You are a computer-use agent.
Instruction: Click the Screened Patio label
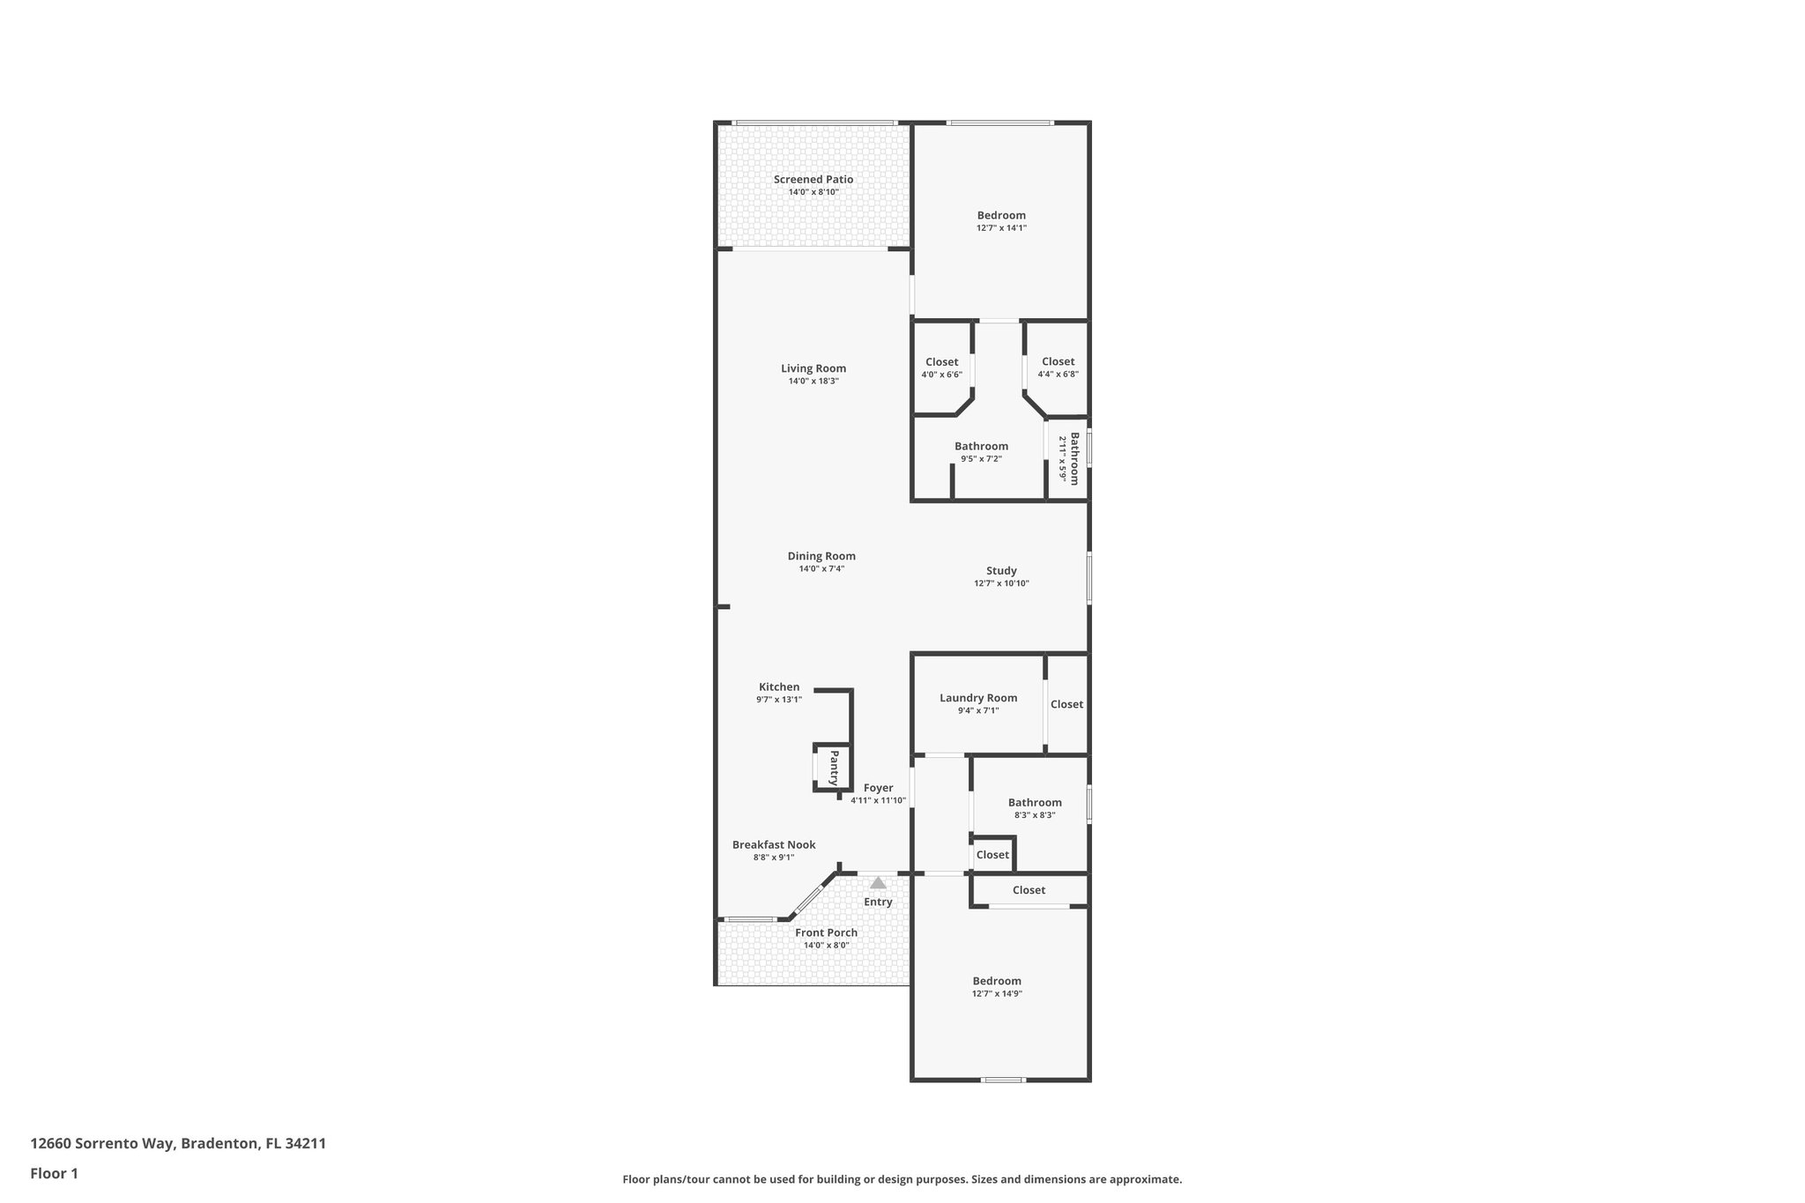(813, 180)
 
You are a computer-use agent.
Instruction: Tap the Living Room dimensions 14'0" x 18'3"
(813, 382)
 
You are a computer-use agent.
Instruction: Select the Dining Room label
(821, 556)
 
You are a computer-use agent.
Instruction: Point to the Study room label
(1001, 571)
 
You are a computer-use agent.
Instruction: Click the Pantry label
(834, 769)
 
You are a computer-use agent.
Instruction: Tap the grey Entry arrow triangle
(878, 882)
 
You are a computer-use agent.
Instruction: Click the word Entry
(878, 902)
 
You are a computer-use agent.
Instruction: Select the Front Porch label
(826, 932)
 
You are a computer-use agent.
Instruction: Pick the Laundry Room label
(978, 698)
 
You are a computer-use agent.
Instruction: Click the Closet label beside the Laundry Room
(1066, 704)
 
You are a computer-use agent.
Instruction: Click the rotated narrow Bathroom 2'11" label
(1069, 458)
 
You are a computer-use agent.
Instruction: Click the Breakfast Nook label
(774, 844)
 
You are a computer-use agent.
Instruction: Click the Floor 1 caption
(54, 1173)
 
